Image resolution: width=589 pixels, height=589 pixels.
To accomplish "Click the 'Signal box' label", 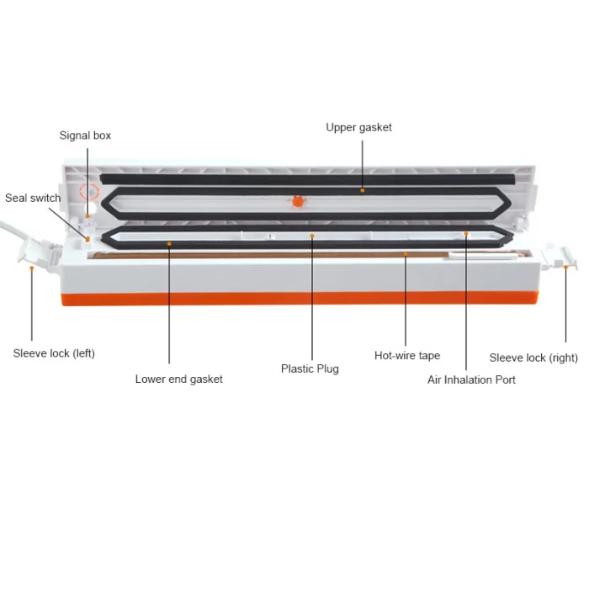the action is point(85,135).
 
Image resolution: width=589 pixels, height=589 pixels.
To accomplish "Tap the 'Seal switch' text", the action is point(33,198).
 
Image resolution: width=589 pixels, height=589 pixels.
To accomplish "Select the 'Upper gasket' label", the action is point(358,128).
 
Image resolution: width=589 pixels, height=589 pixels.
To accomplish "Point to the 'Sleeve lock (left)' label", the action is point(54,353).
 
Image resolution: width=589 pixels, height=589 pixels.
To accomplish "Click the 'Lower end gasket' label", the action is point(178,379).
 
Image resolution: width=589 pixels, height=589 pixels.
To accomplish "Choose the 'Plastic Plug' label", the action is point(310,369).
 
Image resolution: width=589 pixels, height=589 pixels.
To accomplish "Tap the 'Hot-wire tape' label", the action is point(407,355).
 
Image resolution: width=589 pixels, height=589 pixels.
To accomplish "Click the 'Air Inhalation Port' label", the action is point(471,379).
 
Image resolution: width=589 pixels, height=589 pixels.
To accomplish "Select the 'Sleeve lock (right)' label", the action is point(533,358).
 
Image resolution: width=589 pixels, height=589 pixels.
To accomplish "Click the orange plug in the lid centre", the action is point(298,202).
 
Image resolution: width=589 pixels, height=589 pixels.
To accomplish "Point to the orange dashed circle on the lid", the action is point(89,192).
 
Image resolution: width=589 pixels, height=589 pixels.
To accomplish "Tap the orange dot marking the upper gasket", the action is point(363,190).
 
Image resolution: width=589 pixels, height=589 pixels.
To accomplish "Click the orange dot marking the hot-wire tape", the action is point(406,254).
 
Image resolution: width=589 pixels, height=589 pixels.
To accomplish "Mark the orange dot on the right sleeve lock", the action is point(565,267).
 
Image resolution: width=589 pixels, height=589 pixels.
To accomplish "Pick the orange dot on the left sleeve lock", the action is point(32,268).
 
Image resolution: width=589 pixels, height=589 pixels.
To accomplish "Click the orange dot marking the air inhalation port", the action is point(466,234).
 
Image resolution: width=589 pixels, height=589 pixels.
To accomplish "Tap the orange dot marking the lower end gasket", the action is point(169,244).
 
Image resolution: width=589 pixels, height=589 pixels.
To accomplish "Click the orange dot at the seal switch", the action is point(88,239).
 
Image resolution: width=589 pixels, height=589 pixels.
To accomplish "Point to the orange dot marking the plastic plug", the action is point(312,236).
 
